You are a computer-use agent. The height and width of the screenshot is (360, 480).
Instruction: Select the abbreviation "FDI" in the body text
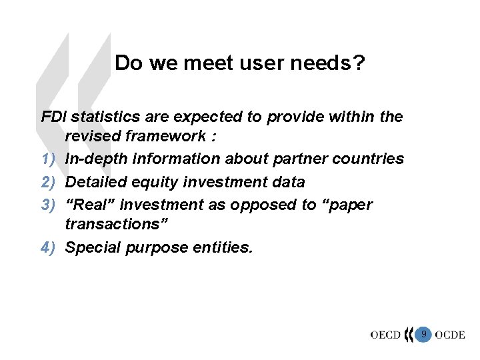[54, 117]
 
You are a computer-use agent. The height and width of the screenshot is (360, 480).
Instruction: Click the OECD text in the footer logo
[385, 335]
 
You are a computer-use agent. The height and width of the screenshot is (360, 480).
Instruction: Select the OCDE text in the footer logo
[449, 335]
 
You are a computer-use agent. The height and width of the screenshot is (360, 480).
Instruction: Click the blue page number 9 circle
[423, 333]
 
